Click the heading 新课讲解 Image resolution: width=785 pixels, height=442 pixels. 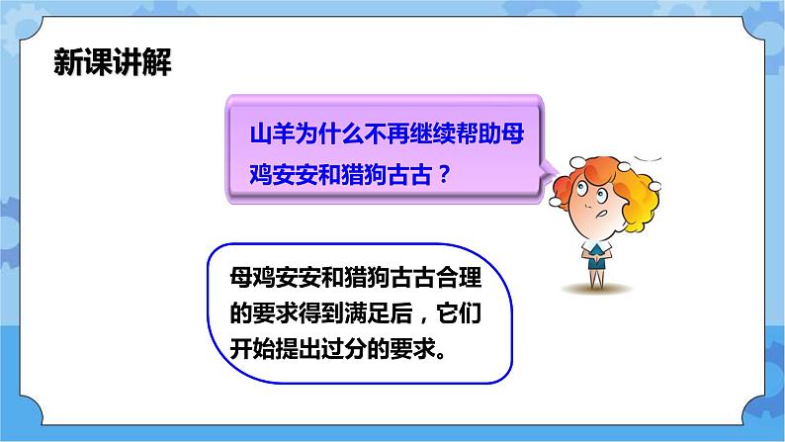click(112, 64)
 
